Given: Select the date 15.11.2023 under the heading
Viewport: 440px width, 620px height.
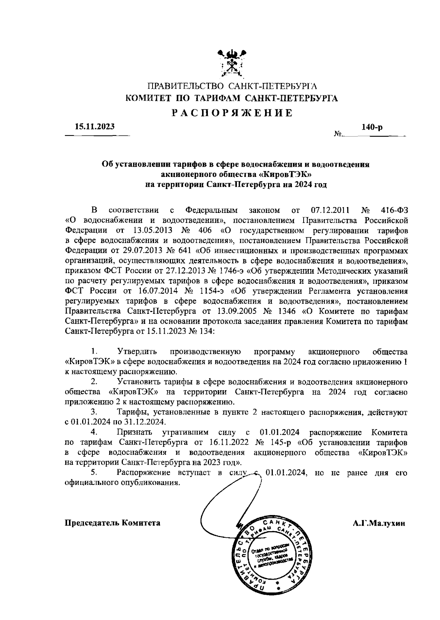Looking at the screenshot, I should [x=95, y=127].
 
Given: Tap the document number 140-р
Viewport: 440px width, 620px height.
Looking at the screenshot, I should [x=372, y=127].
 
